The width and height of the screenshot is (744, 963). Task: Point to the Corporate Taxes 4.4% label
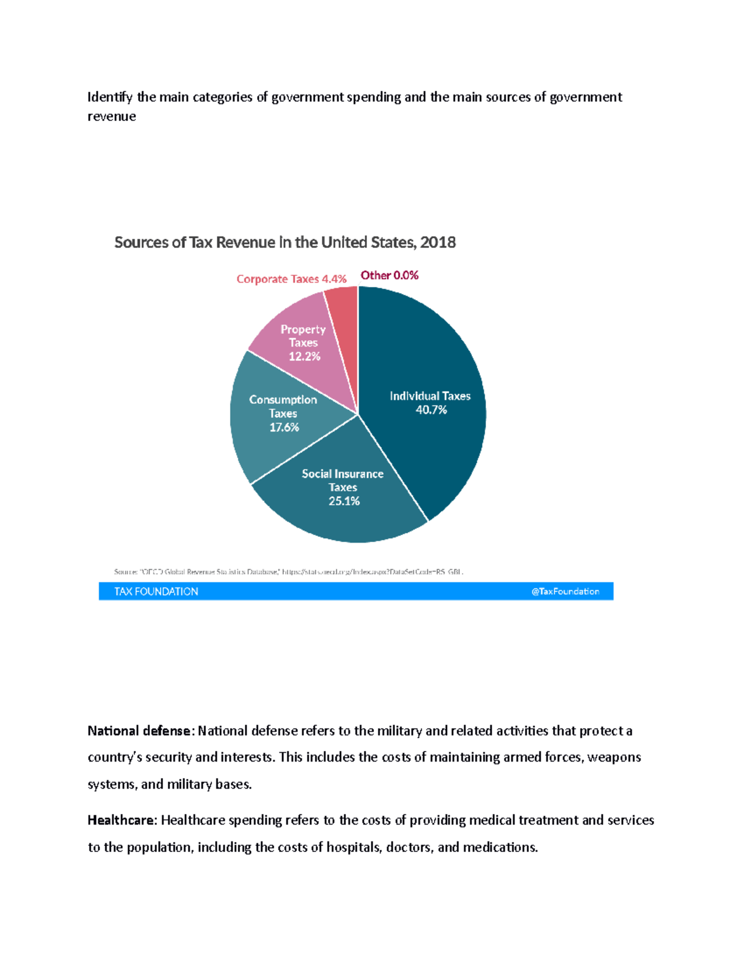pyautogui.click(x=291, y=279)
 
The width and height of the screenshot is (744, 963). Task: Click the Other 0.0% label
pyautogui.click(x=389, y=275)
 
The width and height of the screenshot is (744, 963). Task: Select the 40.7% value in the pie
pyautogui.click(x=431, y=410)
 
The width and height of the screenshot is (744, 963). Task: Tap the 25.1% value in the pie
pyautogui.click(x=343, y=501)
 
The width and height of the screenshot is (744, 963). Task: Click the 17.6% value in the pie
pyautogui.click(x=284, y=427)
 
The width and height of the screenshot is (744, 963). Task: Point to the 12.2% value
pyautogui.click(x=304, y=357)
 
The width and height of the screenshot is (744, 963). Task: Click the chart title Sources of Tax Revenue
pyautogui.click(x=285, y=242)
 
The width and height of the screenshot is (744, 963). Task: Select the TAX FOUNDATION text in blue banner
pyautogui.click(x=156, y=592)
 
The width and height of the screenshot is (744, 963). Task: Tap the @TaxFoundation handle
pyautogui.click(x=565, y=592)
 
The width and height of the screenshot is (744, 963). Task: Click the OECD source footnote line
pyautogui.click(x=288, y=572)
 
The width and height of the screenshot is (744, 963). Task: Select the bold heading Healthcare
pyautogui.click(x=122, y=820)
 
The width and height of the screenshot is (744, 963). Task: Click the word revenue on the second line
pyautogui.click(x=112, y=117)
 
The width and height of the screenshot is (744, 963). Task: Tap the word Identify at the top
pyautogui.click(x=109, y=97)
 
